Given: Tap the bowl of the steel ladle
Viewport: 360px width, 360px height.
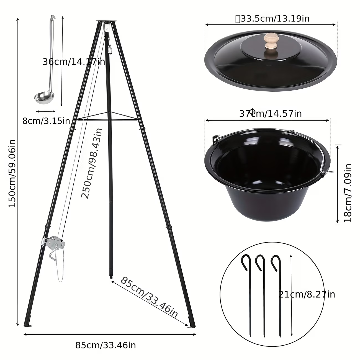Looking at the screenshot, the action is coord(44,97).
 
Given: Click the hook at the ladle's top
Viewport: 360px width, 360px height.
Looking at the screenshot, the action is coord(53,18).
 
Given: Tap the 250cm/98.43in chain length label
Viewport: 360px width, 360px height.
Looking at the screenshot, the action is coord(92,163).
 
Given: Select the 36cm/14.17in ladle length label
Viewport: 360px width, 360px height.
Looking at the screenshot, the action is coord(74,62).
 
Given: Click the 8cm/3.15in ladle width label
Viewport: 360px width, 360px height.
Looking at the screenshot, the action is coord(46,121).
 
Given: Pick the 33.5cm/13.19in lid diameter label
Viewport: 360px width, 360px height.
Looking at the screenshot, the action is coord(272,19).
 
